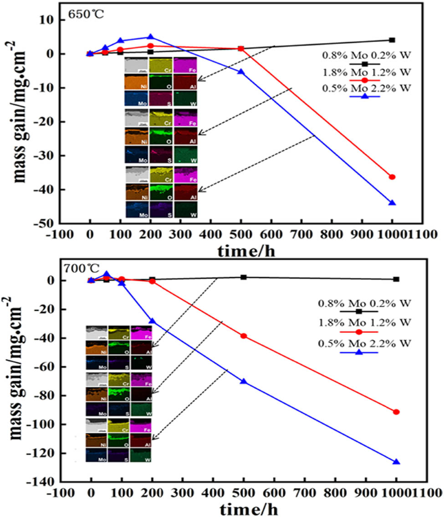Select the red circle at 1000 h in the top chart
pos(392,177)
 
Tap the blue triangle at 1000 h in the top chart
pos(392,203)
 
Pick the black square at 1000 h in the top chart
pos(392,40)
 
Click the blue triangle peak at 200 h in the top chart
pos(150,37)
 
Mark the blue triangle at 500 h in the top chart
pos(241,71)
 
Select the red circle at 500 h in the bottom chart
pos(244,336)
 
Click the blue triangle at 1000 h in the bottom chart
pos(396,462)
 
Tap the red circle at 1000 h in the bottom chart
pos(396,412)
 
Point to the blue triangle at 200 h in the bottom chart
pos(152,321)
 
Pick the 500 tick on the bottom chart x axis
pos(244,493)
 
